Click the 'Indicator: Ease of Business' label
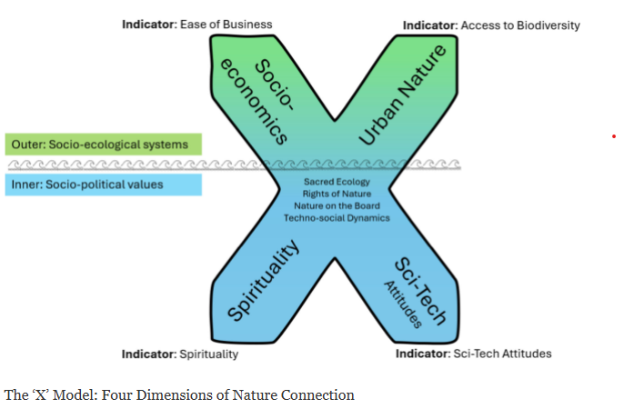(196, 25)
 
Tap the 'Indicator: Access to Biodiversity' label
(491, 25)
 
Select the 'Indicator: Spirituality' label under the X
(180, 354)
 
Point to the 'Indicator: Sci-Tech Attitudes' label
(473, 354)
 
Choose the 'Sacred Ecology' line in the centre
(337, 182)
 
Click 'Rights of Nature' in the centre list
(337, 194)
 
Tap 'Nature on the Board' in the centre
(337, 205)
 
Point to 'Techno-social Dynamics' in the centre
(337, 217)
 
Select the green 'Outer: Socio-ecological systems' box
(103, 144)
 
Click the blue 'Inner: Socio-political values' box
(103, 185)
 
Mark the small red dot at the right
(614, 136)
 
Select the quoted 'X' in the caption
(38, 395)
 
